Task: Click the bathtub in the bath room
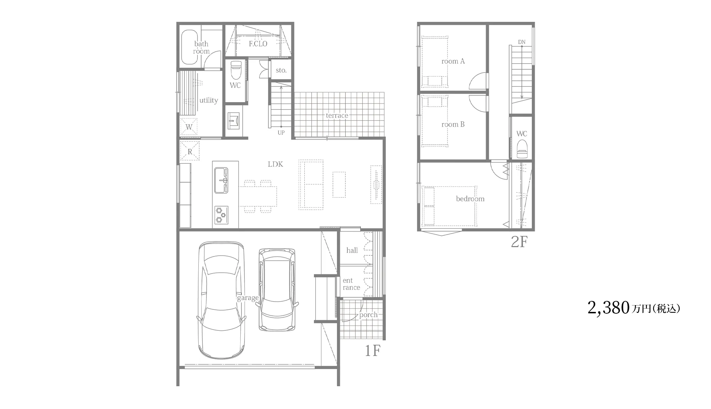tap(190, 47)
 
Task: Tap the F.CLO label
tap(258, 44)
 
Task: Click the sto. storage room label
tap(281, 70)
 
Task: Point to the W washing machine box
tap(189, 127)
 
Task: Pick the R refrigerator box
tap(190, 151)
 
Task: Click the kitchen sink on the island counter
tap(221, 180)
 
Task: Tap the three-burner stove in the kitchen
tap(221, 215)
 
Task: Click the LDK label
tap(276, 164)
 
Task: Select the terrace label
tap(337, 116)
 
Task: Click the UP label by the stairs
tap(281, 133)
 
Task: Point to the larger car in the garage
tap(221, 300)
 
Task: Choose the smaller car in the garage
tap(277, 290)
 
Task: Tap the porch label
tap(368, 315)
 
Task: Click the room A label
tap(453, 61)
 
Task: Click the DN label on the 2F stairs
tap(522, 42)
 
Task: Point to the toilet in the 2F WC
tap(522, 149)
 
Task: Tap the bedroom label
tap(470, 199)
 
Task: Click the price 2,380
tap(609, 308)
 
